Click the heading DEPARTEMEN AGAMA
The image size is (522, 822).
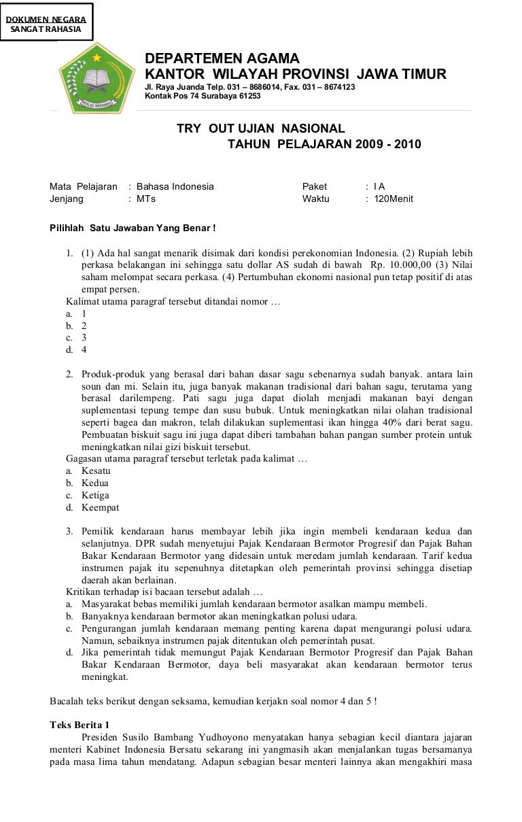(x=222, y=60)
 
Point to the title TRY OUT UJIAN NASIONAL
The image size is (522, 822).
(x=261, y=129)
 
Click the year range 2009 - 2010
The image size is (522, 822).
(x=387, y=144)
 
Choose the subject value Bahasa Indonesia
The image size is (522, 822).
(x=175, y=186)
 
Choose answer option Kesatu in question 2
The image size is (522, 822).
(x=96, y=470)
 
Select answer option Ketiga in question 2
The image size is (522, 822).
(x=95, y=495)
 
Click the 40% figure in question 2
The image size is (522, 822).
(x=391, y=422)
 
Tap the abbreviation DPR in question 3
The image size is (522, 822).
(x=145, y=543)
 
